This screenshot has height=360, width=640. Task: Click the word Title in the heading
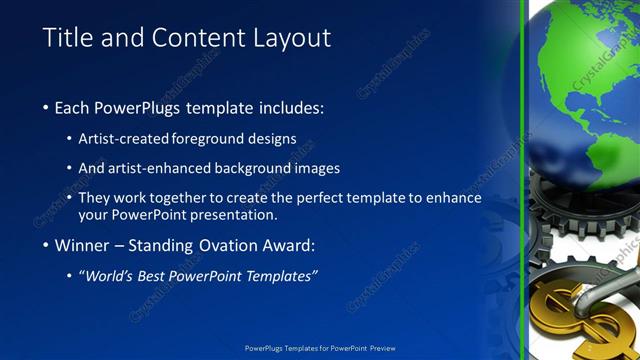(68, 38)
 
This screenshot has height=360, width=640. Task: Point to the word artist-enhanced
(161, 168)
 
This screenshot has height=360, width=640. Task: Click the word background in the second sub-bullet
(256, 168)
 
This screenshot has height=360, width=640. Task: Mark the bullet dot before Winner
(46, 246)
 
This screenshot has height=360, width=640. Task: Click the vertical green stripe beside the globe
(523, 180)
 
